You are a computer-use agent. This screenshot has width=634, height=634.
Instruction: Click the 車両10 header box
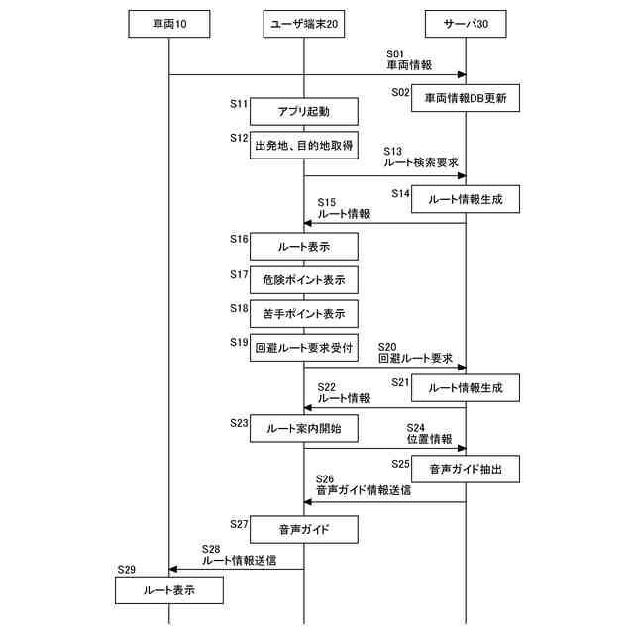click(x=168, y=24)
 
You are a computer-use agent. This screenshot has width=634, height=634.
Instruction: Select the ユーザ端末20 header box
click(x=303, y=24)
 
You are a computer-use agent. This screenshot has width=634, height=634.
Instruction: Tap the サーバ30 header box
click(x=465, y=24)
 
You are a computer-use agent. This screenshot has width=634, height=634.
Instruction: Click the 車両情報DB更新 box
click(x=465, y=98)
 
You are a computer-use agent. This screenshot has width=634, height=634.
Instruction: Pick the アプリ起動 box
click(x=303, y=111)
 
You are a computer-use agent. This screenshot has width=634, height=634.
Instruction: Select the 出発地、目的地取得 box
click(x=303, y=145)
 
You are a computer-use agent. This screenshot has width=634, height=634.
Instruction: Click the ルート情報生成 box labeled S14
click(x=465, y=200)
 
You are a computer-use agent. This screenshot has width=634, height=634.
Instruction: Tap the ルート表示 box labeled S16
click(x=303, y=246)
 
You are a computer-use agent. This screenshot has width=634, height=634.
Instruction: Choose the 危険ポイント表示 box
click(x=303, y=280)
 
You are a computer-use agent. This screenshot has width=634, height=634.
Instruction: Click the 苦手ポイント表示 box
click(x=303, y=314)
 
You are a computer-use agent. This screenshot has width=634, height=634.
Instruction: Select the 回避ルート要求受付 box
click(x=303, y=348)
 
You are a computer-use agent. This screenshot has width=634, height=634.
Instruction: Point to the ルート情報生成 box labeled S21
click(x=465, y=388)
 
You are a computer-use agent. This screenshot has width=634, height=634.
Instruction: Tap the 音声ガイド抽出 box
click(x=465, y=469)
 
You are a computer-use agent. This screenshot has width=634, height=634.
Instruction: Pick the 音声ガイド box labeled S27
click(x=303, y=530)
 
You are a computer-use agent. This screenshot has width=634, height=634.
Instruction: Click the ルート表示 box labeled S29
click(x=168, y=590)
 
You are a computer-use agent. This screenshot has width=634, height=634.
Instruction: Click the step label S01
click(x=396, y=53)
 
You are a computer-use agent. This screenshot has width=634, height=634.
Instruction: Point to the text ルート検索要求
click(x=420, y=161)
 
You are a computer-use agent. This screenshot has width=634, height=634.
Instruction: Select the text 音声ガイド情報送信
click(x=364, y=489)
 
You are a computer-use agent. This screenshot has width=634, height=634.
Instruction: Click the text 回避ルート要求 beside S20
click(x=416, y=358)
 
